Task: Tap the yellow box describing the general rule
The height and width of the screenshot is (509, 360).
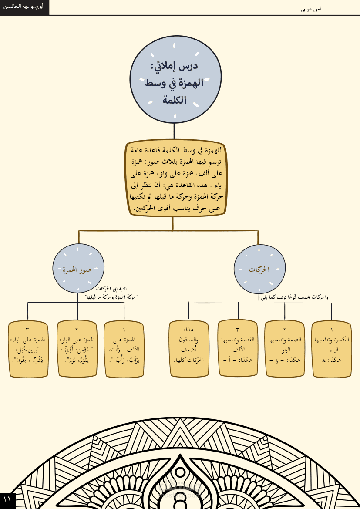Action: (x=175, y=179)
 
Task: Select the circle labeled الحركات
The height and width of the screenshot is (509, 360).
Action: (x=259, y=269)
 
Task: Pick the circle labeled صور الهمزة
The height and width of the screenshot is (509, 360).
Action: (x=78, y=269)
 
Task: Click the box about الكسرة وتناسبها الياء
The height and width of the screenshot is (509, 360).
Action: (x=331, y=349)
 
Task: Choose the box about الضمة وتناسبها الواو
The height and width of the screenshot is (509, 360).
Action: (x=284, y=349)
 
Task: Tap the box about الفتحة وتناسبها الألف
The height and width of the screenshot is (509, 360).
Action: (x=238, y=348)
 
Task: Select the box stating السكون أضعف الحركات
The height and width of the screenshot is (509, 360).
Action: (x=188, y=348)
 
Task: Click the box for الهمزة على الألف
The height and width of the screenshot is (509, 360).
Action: (x=124, y=349)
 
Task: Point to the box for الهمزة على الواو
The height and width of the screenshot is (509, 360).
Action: (x=77, y=349)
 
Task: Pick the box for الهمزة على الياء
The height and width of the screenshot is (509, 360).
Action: (x=27, y=349)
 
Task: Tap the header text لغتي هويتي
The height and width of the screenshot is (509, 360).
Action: (x=311, y=9)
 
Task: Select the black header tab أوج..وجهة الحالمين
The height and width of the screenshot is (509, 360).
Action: (x=24, y=7)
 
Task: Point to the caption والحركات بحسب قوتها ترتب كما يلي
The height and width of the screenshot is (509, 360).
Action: (x=295, y=297)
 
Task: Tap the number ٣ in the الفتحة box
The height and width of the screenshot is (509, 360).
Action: (x=238, y=330)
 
